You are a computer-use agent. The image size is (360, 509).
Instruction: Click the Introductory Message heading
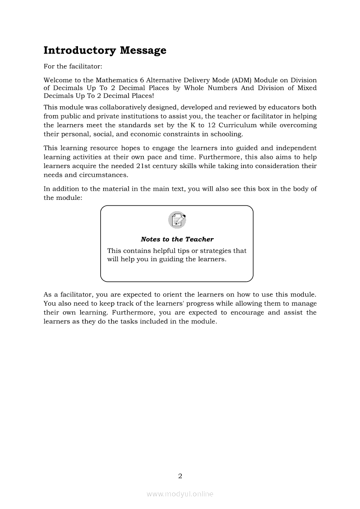[x=105, y=51]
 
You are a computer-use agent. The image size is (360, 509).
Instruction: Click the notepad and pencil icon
[x=177, y=220]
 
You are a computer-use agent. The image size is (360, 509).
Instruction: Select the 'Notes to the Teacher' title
[x=177, y=239]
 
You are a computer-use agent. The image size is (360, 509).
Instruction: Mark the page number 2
[x=180, y=476]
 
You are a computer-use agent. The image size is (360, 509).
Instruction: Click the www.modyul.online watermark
[x=180, y=494]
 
